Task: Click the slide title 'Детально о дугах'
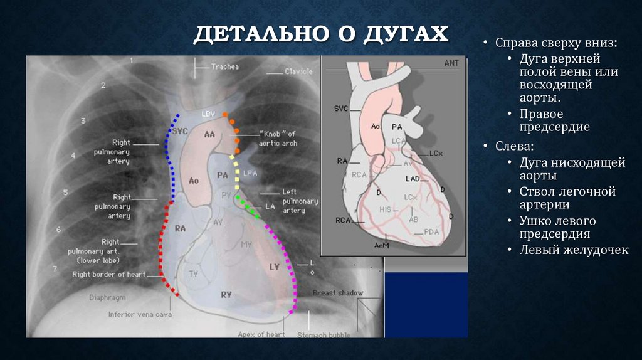(x=320, y=34)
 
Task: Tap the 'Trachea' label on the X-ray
(x=224, y=66)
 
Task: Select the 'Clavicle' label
(x=298, y=71)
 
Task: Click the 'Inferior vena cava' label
(x=140, y=315)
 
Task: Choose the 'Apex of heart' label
(x=261, y=334)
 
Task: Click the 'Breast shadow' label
(x=337, y=293)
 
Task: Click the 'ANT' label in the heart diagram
(x=451, y=63)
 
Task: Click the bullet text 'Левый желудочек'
(x=573, y=250)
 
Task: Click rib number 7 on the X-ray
(x=55, y=268)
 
